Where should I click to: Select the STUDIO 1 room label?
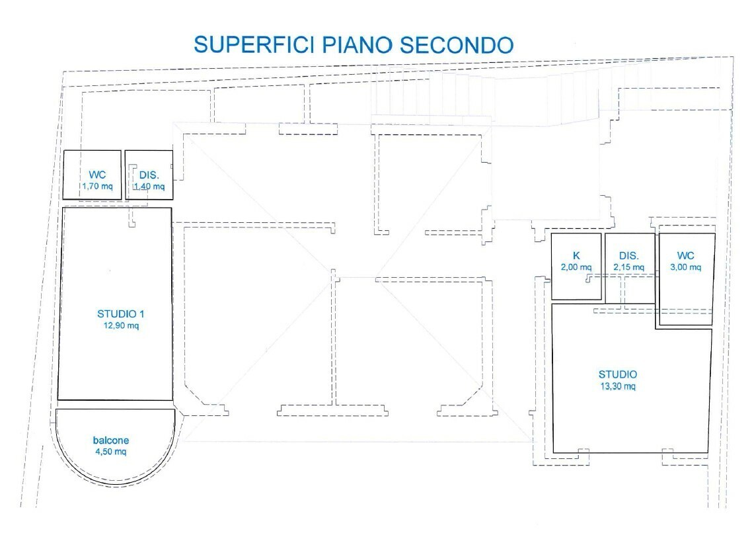(119, 314)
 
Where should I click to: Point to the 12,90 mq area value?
(119, 325)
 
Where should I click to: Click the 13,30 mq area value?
(617, 386)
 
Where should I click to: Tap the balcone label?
(111, 440)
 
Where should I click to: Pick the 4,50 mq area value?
(111, 452)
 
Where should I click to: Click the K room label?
(576, 256)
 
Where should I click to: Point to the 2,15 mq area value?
(628, 267)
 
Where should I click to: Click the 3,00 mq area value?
(686, 267)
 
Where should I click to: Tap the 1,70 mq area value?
(97, 186)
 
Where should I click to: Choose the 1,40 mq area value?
(149, 187)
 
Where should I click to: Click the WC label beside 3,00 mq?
(685, 256)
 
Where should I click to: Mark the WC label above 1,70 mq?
(98, 175)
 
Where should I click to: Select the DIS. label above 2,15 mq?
(628, 256)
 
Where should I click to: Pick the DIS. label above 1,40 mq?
(149, 175)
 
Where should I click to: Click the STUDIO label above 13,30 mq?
(618, 374)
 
